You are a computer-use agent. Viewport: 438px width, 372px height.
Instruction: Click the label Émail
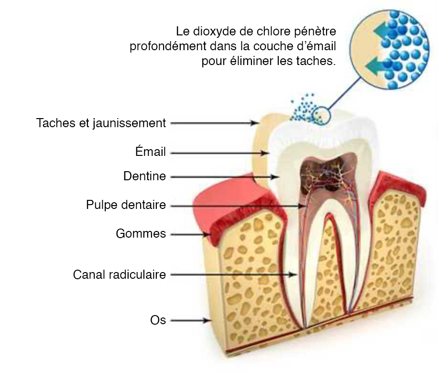tap(151, 151)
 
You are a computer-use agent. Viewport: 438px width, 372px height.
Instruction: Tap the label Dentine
tap(145, 176)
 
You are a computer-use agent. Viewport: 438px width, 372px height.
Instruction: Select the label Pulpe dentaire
tap(126, 205)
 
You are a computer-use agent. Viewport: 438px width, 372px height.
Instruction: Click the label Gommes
tap(141, 233)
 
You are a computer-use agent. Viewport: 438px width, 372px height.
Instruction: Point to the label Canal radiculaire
tap(120, 274)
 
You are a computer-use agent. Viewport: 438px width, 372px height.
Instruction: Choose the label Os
tap(158, 320)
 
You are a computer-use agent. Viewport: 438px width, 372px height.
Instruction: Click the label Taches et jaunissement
tap(101, 123)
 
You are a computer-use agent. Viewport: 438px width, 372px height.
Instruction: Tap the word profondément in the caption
tap(168, 46)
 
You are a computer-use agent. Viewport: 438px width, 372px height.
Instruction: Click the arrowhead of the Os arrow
tap(207, 320)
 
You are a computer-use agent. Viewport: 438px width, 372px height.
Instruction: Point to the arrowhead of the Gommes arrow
tap(207, 234)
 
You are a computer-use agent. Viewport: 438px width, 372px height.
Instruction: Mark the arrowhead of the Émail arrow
tap(265, 153)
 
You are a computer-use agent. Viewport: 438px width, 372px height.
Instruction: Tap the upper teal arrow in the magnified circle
tap(383, 31)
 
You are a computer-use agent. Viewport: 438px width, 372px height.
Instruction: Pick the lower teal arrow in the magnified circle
tap(374, 67)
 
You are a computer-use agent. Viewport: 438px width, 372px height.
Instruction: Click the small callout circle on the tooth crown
tap(321, 115)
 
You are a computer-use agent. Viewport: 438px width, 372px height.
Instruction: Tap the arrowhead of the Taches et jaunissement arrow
tap(255, 122)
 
